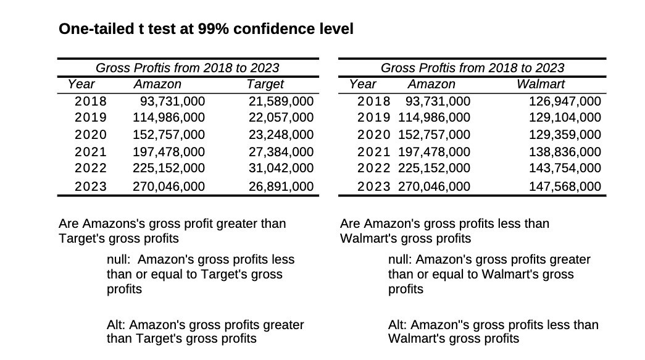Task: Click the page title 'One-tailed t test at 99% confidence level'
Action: click(x=206, y=29)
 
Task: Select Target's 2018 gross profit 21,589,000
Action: click(x=281, y=101)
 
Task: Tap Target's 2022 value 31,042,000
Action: click(x=281, y=167)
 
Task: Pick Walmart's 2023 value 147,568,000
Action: click(x=565, y=186)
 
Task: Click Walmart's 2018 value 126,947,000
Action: click(x=565, y=101)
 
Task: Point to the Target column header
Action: click(x=265, y=84)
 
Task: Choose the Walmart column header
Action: click(x=540, y=84)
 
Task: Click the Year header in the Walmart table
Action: click(x=362, y=84)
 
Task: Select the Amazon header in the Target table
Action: click(x=157, y=84)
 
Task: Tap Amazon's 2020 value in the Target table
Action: click(x=169, y=135)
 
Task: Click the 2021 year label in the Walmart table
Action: click(x=374, y=152)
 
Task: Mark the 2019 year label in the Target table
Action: click(x=90, y=117)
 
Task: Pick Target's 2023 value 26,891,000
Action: click(x=281, y=186)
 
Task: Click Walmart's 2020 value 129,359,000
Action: click(x=565, y=135)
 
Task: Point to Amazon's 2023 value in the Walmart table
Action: click(x=434, y=186)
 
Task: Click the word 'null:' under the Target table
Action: click(x=118, y=259)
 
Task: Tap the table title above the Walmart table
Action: click(x=472, y=67)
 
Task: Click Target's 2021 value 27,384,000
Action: click(x=281, y=152)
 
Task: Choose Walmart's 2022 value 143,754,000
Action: click(x=565, y=167)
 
